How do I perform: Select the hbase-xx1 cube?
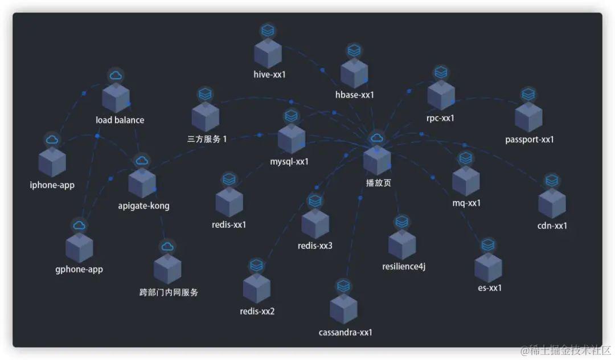tap(354, 73)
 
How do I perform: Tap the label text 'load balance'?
tap(120, 120)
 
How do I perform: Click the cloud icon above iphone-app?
tap(52, 139)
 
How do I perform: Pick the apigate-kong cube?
tap(142, 183)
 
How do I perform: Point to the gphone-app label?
tap(79, 269)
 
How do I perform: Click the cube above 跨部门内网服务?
tap(167, 269)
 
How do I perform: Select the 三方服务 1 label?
tap(207, 139)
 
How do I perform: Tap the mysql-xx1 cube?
tap(291, 139)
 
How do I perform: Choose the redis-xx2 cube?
tap(257, 289)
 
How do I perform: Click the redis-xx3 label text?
tap(315, 246)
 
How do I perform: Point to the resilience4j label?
tap(404, 267)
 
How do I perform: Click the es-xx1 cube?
tap(489, 268)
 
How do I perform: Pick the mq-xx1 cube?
tap(466, 182)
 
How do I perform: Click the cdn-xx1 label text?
tap(552, 226)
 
